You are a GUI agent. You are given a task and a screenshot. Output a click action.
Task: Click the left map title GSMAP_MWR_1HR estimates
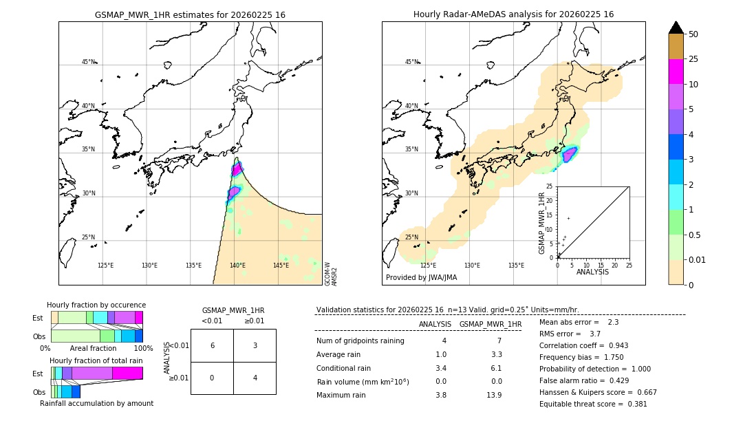190,14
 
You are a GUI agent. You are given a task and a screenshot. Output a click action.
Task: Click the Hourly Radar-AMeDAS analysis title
513,14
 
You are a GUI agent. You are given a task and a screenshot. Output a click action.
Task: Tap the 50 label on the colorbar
693,34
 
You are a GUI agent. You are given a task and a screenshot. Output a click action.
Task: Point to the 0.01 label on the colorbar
698,259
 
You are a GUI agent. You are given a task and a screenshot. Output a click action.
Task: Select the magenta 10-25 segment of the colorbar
676,72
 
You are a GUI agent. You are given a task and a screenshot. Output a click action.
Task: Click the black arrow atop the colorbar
676,28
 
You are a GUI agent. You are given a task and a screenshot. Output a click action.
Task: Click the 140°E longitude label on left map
237,266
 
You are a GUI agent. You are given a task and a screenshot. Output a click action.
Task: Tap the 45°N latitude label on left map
88,62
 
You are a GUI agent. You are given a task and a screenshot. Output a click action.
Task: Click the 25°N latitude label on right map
411,237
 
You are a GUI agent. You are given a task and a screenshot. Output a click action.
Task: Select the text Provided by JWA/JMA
421,277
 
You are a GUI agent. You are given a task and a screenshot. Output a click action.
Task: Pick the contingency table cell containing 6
212,345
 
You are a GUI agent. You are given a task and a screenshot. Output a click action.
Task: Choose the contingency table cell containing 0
212,378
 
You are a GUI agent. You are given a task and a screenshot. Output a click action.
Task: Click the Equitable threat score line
593,404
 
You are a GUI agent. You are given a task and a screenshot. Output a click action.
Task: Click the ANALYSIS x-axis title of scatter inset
592,272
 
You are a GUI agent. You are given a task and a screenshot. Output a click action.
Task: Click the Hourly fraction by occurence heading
96,305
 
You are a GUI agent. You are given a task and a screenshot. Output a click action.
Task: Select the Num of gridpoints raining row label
360,341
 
